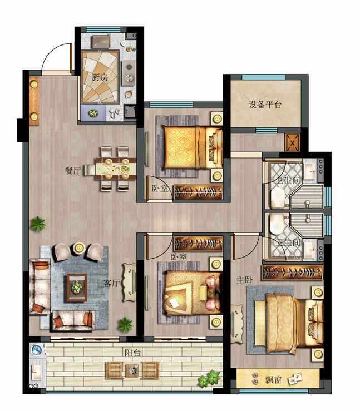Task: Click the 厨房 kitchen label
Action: tap(100, 78)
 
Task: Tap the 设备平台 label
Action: tap(265, 105)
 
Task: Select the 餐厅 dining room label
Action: tap(73, 170)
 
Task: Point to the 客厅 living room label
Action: tap(112, 283)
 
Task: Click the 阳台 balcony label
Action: tap(132, 353)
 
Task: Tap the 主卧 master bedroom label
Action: tap(244, 280)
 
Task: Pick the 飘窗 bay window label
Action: tap(273, 379)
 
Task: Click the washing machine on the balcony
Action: tap(37, 350)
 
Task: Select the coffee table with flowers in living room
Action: tap(77, 288)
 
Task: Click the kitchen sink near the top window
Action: tap(100, 41)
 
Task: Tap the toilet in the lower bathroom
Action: tap(277, 224)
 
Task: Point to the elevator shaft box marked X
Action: tap(292, 143)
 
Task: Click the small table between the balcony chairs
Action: tap(132, 370)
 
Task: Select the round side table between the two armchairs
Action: tap(78, 247)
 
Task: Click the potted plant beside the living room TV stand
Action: tap(125, 325)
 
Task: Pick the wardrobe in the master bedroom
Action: tap(293, 273)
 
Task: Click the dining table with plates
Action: tap(116, 169)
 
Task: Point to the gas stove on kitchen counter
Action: tap(129, 73)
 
